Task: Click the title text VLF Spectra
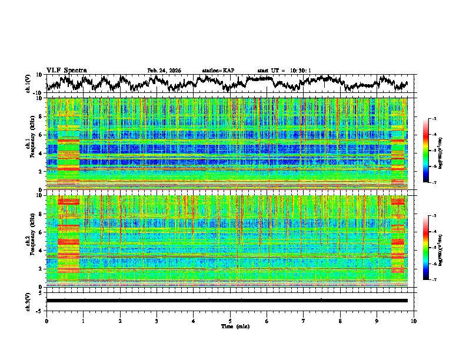[x=66, y=70]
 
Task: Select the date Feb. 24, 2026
[x=164, y=71]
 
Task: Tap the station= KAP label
[x=218, y=71]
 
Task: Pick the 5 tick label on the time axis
[x=230, y=321]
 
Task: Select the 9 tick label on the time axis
[x=377, y=321]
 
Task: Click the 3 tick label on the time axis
[x=157, y=321]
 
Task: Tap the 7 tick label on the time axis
[x=304, y=321]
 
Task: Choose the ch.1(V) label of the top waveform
[x=29, y=84]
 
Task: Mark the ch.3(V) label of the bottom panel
[x=29, y=301]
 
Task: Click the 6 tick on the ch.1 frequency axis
[x=40, y=135]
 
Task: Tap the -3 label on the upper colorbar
[x=434, y=119]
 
